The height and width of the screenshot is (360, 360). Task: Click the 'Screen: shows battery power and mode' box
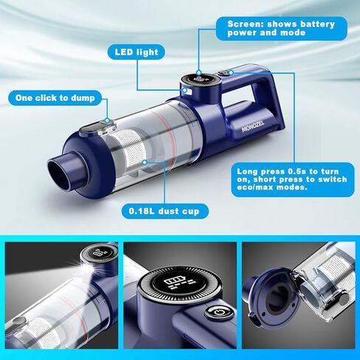tap(280, 30)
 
